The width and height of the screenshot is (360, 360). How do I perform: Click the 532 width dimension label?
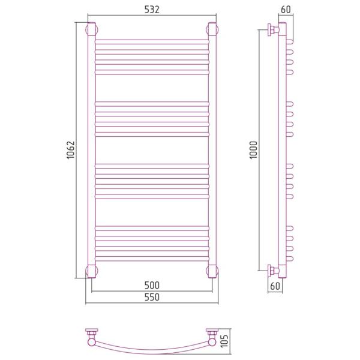point(152,10)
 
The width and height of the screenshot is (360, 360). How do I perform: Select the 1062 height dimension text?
point(71,150)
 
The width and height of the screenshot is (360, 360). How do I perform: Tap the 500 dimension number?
point(152,285)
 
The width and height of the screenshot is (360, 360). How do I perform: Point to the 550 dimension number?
point(152,297)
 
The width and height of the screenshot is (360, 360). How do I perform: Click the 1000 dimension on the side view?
point(254,150)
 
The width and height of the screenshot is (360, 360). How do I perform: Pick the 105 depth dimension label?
point(224,341)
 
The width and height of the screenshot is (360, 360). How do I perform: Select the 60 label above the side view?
point(286,10)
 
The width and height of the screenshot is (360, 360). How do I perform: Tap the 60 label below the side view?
point(275,286)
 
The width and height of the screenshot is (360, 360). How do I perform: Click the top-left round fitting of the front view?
point(92,29)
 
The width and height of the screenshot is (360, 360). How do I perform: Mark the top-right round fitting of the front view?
point(212,29)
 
